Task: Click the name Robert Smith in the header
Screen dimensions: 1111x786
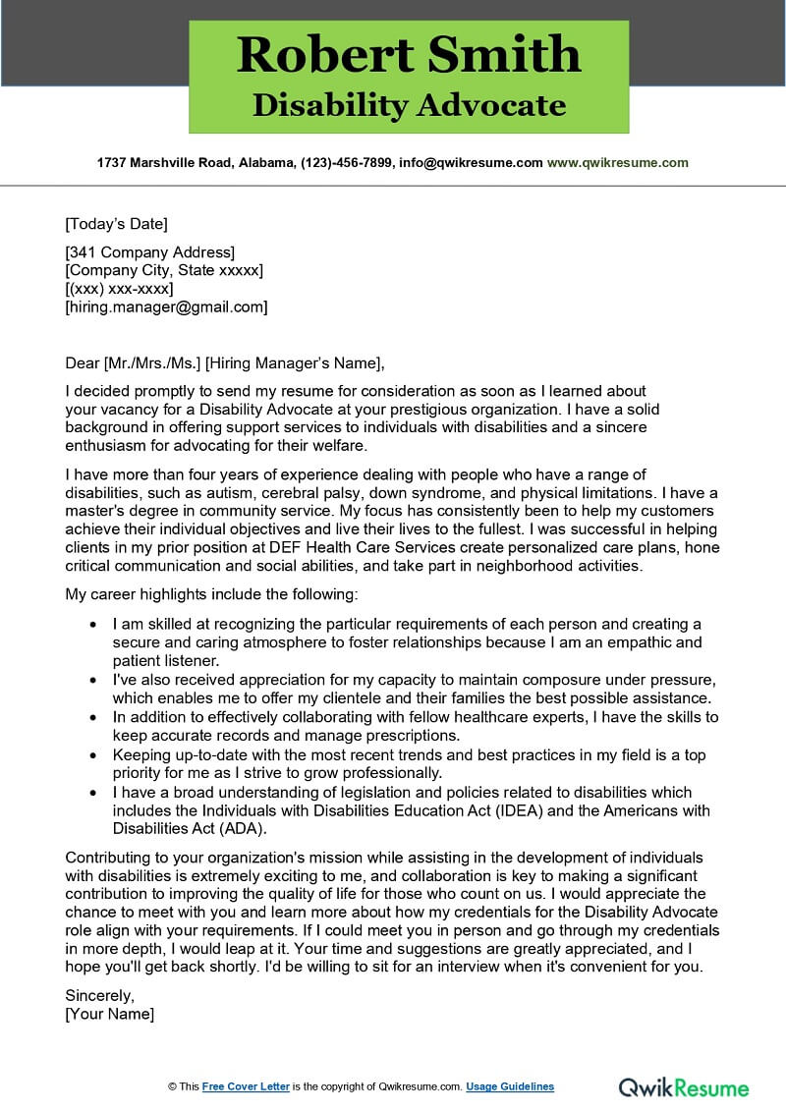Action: pyautogui.click(x=409, y=54)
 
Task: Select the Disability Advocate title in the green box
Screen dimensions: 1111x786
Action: pyautogui.click(x=409, y=104)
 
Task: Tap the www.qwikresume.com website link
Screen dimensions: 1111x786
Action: pyautogui.click(x=617, y=163)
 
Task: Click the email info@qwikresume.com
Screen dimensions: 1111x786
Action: pyautogui.click(x=470, y=163)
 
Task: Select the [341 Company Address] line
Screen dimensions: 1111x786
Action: pyautogui.click(x=149, y=252)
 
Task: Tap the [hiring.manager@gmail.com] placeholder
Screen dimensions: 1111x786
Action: pyautogui.click(x=166, y=306)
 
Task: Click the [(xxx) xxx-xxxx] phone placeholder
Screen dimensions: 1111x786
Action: pyautogui.click(x=119, y=289)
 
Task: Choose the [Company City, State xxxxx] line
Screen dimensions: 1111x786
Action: pyautogui.click(x=164, y=270)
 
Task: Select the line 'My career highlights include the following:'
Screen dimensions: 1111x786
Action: pyautogui.click(x=212, y=594)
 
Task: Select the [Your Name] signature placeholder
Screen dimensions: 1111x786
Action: pyautogui.click(x=110, y=1014)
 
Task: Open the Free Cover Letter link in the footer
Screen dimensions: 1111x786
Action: pyautogui.click(x=246, y=1086)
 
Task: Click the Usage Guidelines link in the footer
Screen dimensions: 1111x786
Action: pyautogui.click(x=510, y=1086)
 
